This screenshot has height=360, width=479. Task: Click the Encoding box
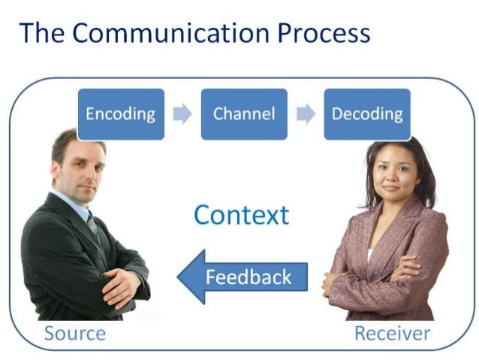120,114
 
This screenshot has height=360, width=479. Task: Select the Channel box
244,114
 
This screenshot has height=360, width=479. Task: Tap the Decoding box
367,114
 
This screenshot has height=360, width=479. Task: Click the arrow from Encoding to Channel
182,114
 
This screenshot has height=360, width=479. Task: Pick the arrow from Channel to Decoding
306,114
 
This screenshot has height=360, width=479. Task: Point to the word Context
241,215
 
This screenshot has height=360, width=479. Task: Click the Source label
75,333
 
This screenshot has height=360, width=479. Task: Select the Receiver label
392,333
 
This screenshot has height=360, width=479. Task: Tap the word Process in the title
322,33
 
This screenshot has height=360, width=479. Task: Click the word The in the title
44,33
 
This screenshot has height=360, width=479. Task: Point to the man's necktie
92,222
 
